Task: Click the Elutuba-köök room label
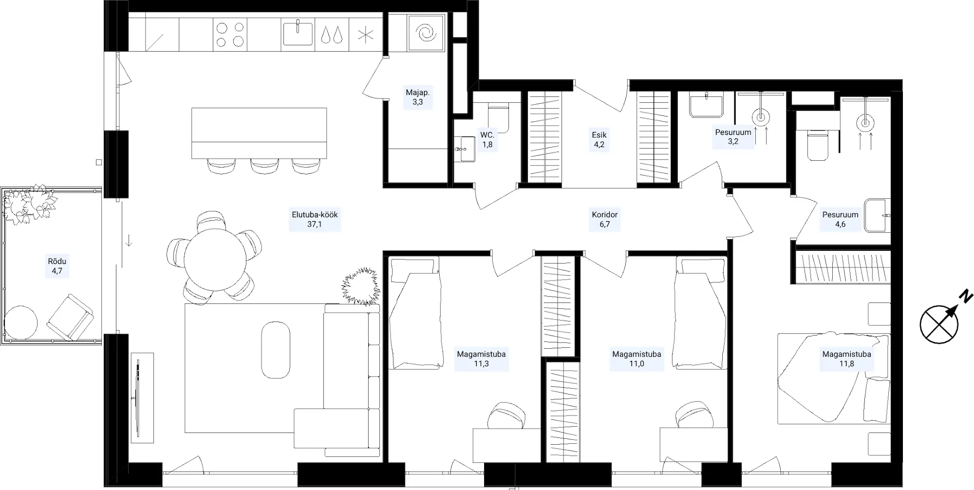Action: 315,220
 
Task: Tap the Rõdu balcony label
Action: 57,266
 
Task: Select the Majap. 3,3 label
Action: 418,97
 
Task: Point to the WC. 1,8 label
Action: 487,140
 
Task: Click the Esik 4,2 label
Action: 599,140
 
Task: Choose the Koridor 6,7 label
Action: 604,220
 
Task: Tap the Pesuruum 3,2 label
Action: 733,137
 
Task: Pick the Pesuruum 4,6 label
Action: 840,220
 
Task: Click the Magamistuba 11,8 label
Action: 846,359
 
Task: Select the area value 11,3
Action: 481,364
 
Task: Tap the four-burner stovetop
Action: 230,35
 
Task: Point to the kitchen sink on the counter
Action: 298,33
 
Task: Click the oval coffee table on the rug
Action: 276,349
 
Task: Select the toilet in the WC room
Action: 498,119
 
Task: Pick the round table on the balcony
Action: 21,322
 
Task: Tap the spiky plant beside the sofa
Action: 361,287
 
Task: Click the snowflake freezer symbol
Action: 365,35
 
